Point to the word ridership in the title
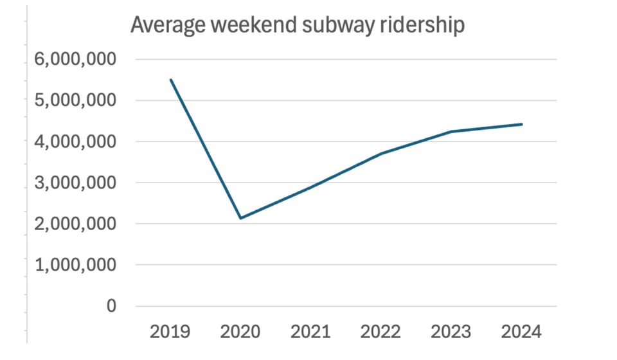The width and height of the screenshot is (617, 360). coord(418,26)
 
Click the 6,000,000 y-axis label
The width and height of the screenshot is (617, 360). coord(72,60)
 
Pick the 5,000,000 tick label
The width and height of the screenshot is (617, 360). coord(72,101)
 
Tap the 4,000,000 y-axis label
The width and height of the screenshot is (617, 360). coord(72,142)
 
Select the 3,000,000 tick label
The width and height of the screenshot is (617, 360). coord(72,183)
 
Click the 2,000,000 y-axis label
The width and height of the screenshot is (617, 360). coord(72,224)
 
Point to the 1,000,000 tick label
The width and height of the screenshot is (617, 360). coord(72,265)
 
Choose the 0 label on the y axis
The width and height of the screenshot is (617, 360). coord(111,306)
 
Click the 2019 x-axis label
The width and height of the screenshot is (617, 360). coord(170,332)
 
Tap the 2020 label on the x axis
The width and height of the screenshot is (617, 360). coord(240,332)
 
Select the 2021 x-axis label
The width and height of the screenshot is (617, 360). coord(310,332)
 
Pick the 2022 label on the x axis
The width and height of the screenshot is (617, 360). coord(381,332)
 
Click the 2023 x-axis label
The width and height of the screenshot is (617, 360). coord(451,332)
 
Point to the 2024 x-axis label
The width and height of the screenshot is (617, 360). coord(521,332)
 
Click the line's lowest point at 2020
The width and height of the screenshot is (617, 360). coord(240,219)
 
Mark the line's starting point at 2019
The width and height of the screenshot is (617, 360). coord(170,80)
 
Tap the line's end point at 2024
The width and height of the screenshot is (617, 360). coord(521,124)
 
